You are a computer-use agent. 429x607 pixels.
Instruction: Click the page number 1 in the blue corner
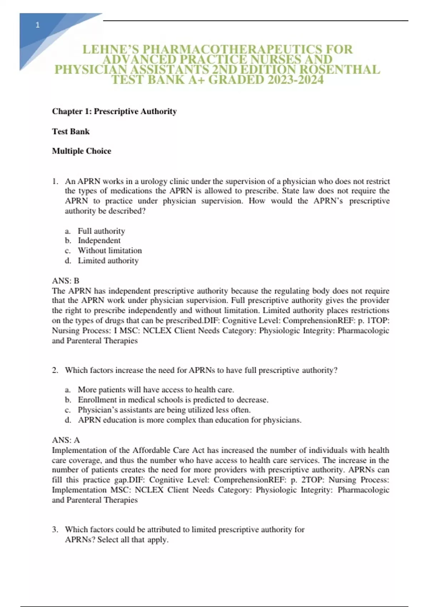38,25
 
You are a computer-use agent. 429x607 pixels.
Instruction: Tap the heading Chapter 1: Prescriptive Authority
114,111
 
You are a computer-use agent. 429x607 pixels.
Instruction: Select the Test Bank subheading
71,131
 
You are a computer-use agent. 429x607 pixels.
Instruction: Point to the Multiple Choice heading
82,151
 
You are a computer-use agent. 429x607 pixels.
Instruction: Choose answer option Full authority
101,231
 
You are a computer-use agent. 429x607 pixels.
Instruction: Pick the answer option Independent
99,241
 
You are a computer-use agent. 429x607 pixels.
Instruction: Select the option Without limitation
110,251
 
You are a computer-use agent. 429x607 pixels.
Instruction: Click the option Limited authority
108,261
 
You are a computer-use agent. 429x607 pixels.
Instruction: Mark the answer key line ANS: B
65,281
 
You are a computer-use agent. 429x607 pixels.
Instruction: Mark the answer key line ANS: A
66,440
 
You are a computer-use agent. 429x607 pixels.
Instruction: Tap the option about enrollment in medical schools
173,400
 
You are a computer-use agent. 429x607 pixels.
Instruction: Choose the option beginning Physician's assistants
164,410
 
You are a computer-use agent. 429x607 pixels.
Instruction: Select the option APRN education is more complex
189,420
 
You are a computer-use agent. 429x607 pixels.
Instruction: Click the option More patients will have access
156,390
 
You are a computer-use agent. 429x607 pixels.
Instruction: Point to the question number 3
55,530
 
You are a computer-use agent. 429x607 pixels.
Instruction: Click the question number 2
55,370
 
